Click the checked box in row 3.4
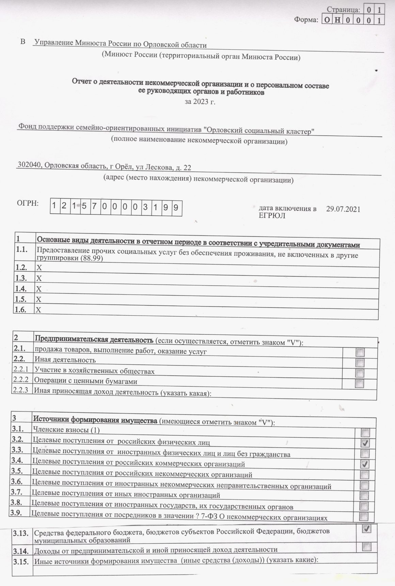click(x=365, y=464)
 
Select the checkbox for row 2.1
click(x=360, y=352)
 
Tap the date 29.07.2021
click(x=343, y=209)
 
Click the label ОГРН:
click(x=28, y=204)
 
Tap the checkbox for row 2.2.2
click(x=360, y=384)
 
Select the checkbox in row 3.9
click(x=364, y=516)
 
